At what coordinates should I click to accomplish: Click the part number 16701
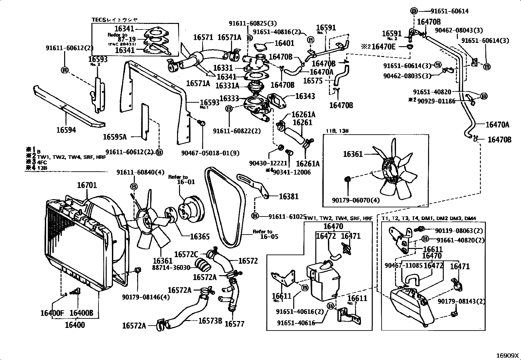(x=87, y=185)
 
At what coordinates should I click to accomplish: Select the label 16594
(x=66, y=130)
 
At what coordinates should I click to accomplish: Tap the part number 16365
(x=200, y=237)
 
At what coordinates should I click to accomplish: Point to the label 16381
(x=289, y=196)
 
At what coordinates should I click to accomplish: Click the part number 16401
(x=284, y=43)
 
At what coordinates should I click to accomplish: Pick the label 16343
(x=305, y=96)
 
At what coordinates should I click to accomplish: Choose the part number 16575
(x=313, y=81)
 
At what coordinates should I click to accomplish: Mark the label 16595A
(x=115, y=137)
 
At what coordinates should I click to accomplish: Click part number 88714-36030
(x=171, y=267)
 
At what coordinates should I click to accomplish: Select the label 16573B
(x=210, y=320)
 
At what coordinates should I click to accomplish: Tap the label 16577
(x=235, y=324)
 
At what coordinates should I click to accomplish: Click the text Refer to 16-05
(x=264, y=234)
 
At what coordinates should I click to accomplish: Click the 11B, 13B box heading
(x=337, y=131)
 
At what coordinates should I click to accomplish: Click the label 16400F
(x=52, y=313)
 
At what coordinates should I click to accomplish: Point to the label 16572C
(x=186, y=254)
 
